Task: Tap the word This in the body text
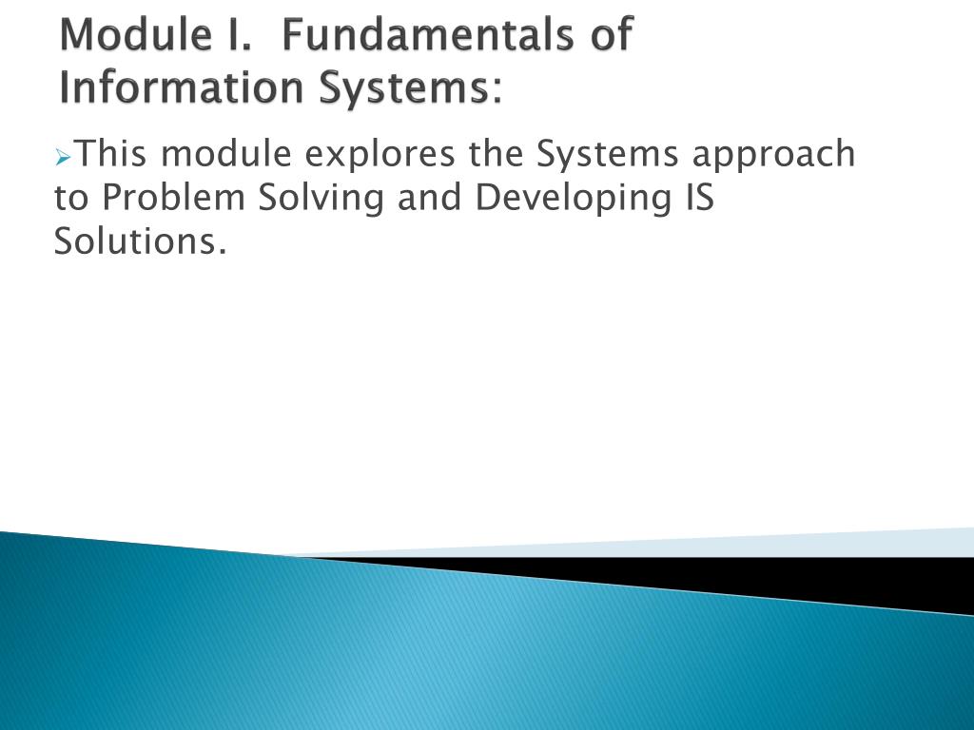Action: [109, 153]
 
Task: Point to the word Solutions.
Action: [141, 242]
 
